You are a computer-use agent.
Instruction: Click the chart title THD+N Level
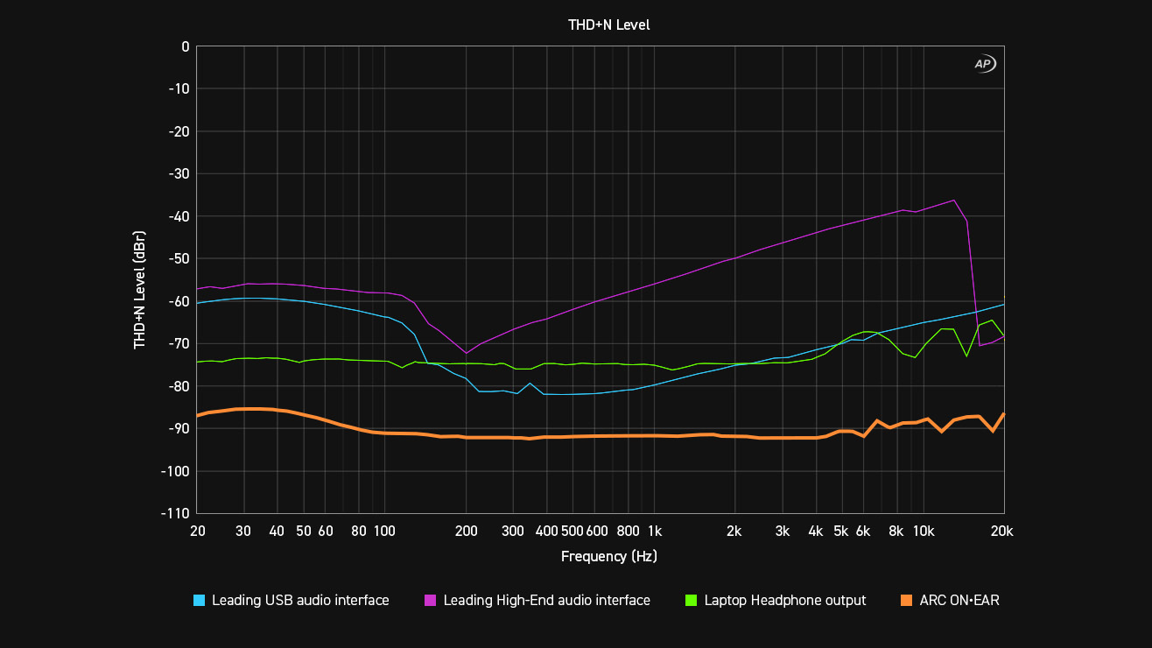(608, 25)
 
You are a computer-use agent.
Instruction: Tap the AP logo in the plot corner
(985, 64)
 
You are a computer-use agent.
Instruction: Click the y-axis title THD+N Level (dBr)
(139, 290)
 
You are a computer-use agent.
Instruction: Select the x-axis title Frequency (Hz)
(608, 556)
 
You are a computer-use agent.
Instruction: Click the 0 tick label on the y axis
(185, 46)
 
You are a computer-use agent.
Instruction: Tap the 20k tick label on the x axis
(1001, 532)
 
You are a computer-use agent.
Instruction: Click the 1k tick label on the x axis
(654, 532)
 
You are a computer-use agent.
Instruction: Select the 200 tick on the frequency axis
(466, 532)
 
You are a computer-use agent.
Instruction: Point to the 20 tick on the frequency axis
(197, 532)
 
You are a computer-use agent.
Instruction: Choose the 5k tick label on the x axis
(840, 532)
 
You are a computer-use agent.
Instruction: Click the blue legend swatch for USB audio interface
(200, 601)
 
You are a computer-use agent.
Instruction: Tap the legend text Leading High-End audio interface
(546, 601)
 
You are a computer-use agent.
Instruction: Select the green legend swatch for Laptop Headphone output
(692, 601)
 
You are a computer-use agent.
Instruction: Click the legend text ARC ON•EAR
(959, 601)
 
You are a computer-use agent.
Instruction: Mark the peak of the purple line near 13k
(953, 201)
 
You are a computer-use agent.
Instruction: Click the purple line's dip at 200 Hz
(466, 353)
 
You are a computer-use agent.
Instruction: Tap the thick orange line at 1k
(654, 436)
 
